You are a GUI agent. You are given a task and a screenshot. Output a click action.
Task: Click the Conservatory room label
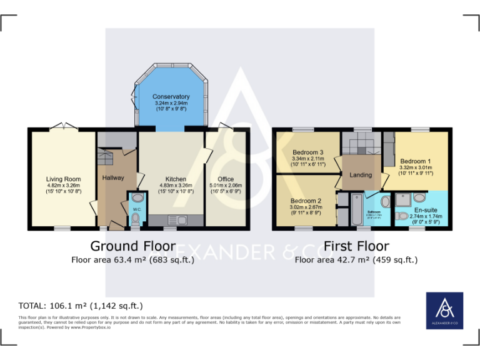click(171, 97)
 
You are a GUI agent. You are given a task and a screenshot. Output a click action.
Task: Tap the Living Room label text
click(63, 179)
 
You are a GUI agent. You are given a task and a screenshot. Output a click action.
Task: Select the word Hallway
click(113, 178)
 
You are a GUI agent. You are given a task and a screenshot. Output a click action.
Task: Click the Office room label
click(226, 179)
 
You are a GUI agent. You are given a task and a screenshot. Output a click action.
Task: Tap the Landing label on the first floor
click(361, 175)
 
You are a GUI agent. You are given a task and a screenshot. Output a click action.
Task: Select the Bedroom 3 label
click(307, 152)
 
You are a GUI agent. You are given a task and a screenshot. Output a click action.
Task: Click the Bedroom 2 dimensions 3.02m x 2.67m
click(305, 207)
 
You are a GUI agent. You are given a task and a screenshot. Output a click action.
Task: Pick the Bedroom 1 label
click(416, 160)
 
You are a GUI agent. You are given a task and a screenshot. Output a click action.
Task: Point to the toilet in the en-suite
click(403, 216)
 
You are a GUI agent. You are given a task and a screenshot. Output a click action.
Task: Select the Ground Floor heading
click(132, 246)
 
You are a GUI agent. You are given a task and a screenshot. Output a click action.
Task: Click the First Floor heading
click(356, 246)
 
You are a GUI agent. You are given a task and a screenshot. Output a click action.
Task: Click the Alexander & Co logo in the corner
click(444, 310)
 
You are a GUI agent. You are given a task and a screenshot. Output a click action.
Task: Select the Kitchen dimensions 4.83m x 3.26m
click(172, 186)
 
